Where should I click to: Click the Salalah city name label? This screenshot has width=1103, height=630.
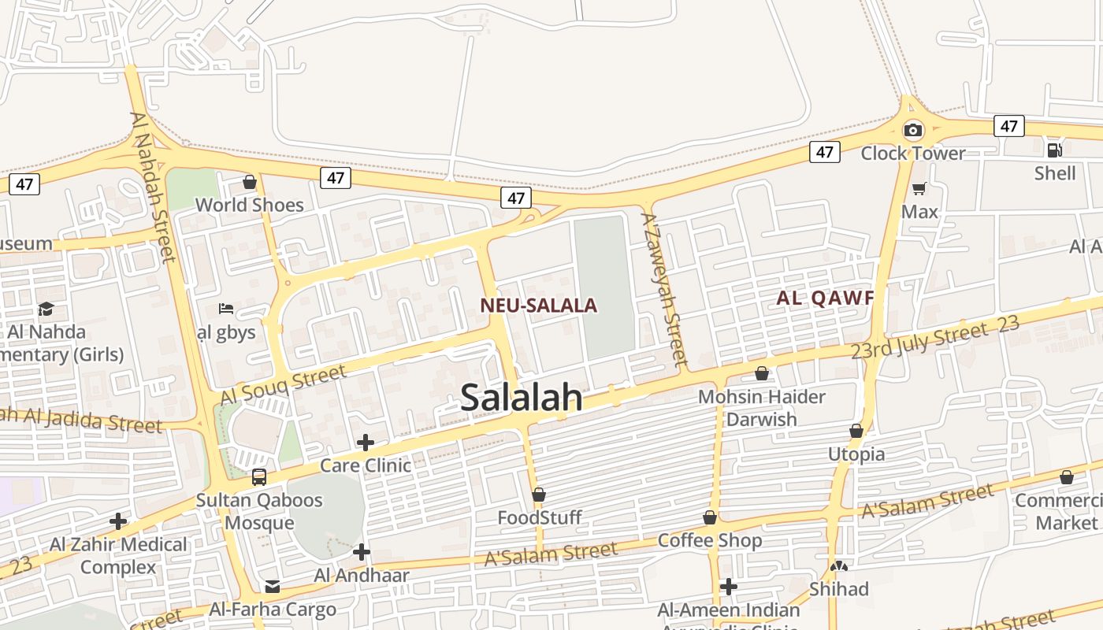point(522,398)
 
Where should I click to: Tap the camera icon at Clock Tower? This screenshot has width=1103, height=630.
point(913,130)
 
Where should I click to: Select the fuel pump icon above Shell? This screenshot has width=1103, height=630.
point(1054,150)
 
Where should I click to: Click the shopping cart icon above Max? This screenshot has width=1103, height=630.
point(919,189)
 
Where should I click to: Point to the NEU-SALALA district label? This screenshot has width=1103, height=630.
point(539,306)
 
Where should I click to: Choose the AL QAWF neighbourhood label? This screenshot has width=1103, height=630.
point(826,298)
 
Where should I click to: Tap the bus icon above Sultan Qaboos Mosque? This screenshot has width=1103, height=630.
point(259,477)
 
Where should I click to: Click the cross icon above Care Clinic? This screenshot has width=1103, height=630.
point(366,443)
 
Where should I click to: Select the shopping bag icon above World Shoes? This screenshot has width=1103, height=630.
point(250,183)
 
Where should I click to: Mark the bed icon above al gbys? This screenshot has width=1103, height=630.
point(226,308)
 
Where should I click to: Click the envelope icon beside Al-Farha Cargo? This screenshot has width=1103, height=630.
point(273,587)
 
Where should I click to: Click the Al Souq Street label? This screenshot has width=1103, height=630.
point(284,385)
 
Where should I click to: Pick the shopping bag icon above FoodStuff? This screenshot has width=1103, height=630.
point(539,495)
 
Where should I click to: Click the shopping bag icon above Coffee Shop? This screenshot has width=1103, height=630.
point(710,517)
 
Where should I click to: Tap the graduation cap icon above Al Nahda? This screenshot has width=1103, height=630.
point(46,309)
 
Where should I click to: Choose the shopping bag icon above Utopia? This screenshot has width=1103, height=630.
point(856,432)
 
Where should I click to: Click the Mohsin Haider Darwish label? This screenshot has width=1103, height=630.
point(762,407)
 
